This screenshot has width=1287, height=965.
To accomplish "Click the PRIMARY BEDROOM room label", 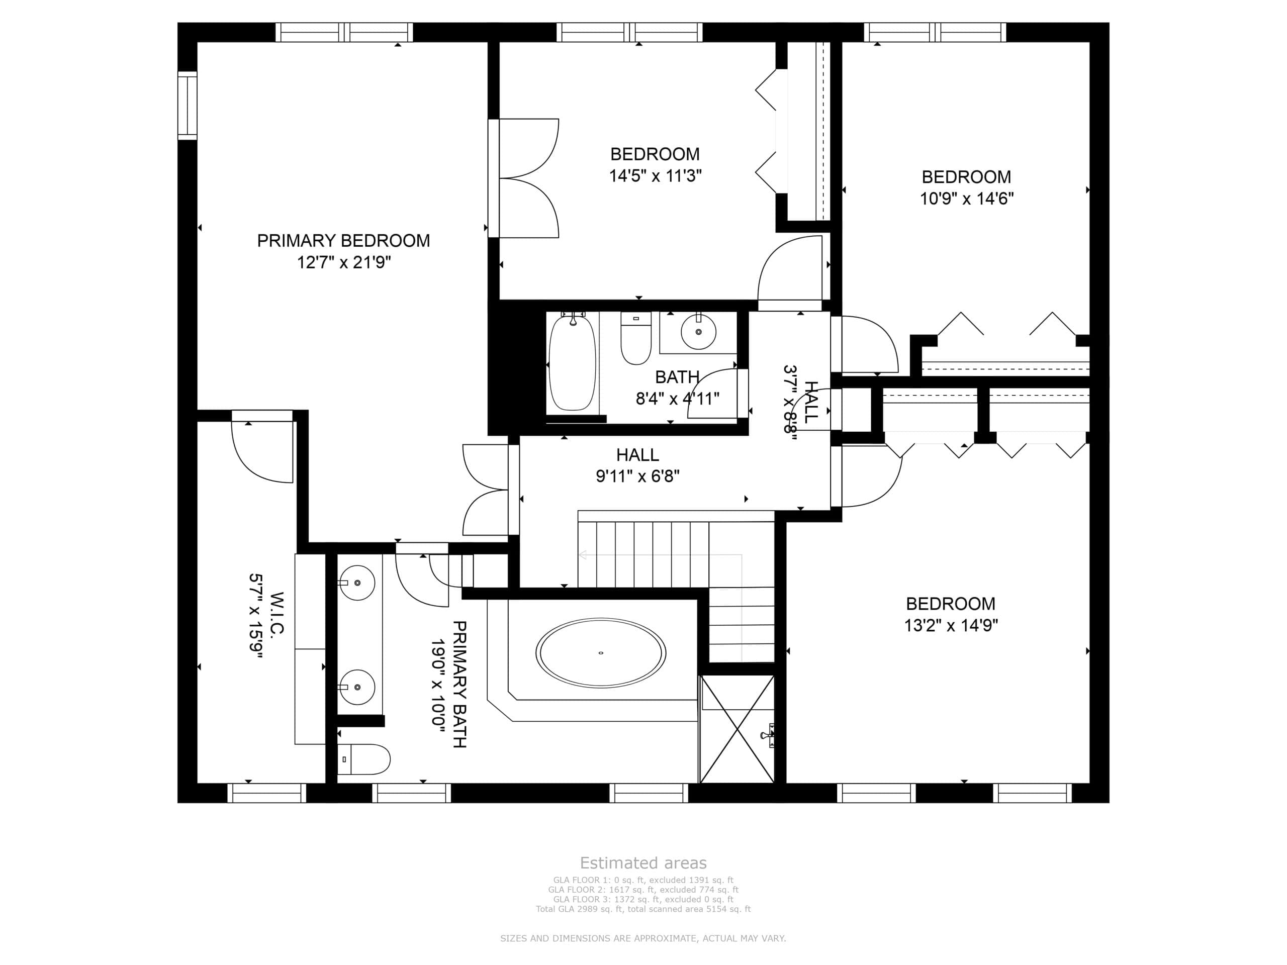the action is coord(343,241).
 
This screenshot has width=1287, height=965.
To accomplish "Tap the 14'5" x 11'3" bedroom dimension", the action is coord(655,176).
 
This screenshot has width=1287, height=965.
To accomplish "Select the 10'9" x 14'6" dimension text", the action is coord(966,199).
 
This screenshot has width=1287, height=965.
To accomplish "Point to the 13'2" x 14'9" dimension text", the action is coord(951,625).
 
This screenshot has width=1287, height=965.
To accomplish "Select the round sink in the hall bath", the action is coord(698,332).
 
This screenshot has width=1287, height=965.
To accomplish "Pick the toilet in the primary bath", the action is coord(363,759).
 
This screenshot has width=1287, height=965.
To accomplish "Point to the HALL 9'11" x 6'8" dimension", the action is coord(637,476).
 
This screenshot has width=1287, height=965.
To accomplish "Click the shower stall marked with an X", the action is coord(737,729).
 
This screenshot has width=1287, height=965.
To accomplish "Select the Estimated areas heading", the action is coord(643,862).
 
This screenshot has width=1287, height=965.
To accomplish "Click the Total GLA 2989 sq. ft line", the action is coord(643,909).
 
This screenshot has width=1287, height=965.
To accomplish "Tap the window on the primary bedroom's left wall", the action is coord(188,105).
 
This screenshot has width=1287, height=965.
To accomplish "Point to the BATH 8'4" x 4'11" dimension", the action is coord(677,399).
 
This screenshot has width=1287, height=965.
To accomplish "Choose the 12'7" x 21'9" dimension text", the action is coord(343,263).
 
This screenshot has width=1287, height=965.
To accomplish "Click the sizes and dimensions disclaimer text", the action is coord(643,938).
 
